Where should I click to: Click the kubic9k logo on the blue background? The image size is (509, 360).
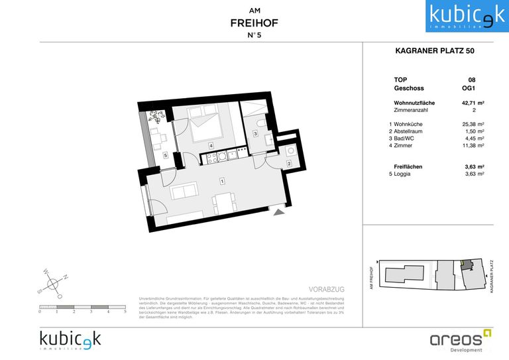click(x=459, y=16)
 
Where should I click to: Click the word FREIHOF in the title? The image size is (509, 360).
click(x=254, y=23)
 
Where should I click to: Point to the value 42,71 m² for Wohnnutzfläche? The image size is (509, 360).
click(x=472, y=103)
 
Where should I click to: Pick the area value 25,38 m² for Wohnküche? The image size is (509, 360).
click(x=472, y=124)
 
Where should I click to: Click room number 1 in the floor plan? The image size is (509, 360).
click(x=223, y=180)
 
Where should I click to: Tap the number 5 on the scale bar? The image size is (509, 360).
click(x=125, y=311)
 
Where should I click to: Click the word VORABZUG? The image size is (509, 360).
click(x=328, y=290)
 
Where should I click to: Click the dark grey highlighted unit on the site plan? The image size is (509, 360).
click(x=468, y=265)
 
